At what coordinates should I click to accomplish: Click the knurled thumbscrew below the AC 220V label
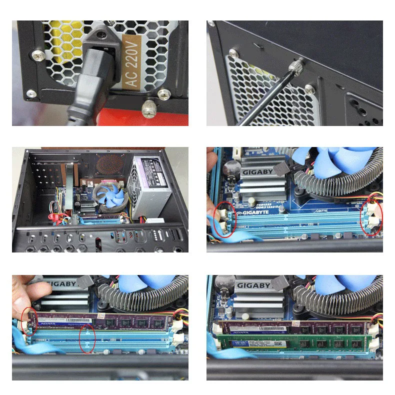point(148,107)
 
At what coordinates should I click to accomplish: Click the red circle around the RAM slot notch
point(88,338)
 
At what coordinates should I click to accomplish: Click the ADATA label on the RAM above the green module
point(240,330)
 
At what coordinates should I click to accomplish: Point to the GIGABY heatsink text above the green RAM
point(254,285)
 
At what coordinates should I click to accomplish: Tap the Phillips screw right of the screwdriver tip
point(309,89)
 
